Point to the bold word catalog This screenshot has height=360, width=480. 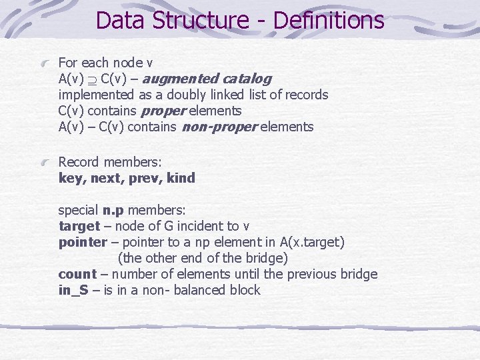tap(247, 79)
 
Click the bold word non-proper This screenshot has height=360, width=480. tap(219, 127)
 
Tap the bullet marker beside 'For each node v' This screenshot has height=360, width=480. tap(45, 63)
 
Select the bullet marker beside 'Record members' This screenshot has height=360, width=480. tap(45, 162)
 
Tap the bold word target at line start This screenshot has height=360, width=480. tap(79, 226)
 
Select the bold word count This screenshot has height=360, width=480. tap(77, 274)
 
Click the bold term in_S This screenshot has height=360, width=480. tap(73, 290)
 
